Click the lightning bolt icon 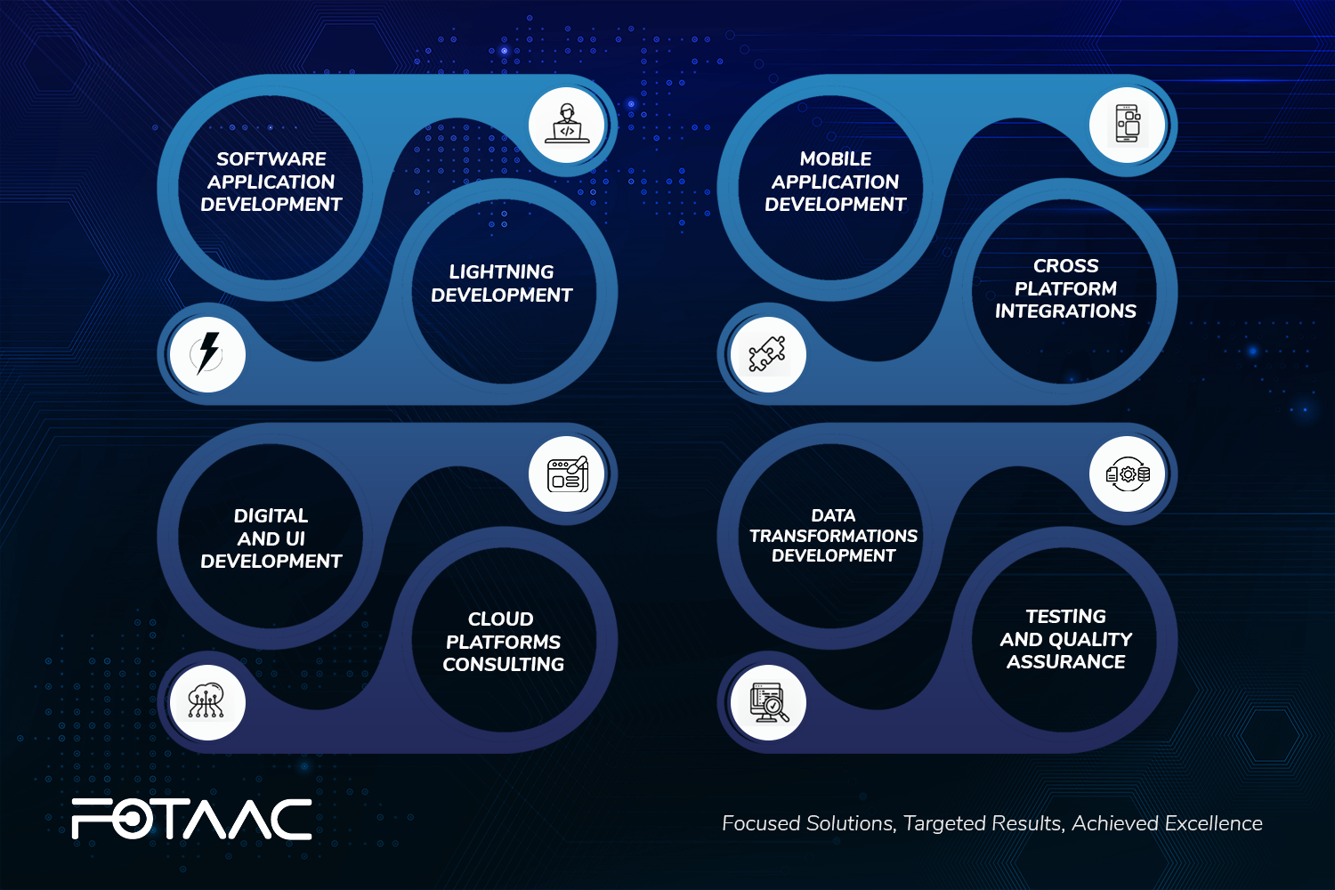[207, 353]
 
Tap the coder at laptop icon [567, 124]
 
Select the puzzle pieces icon [767, 354]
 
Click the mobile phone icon [1128, 124]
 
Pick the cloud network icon [206, 701]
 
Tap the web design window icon [568, 474]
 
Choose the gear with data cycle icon [1128, 473]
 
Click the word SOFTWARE [271, 159]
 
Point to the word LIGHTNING [501, 272]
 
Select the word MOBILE [836, 159]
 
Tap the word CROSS [1065, 266]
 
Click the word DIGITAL [271, 515]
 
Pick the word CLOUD [500, 619]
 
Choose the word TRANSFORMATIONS [833, 536]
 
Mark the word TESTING [1065, 617]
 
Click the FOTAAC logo [191, 819]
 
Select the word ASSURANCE [1065, 662]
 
